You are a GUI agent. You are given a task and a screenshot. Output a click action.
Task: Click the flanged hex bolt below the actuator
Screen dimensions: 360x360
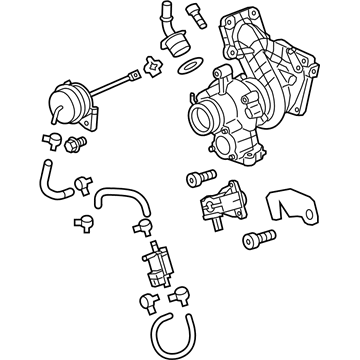[73, 146]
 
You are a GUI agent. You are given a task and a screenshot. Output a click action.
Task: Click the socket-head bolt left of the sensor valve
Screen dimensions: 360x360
[195, 181]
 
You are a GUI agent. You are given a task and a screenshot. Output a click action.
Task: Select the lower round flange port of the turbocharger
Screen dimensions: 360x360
[243, 151]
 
